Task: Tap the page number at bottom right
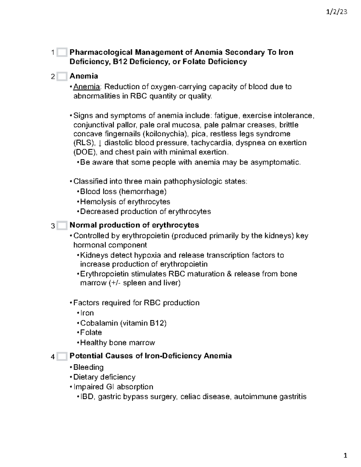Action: tap(345, 456)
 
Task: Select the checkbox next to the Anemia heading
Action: tap(62, 76)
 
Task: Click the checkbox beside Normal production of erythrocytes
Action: tap(62, 225)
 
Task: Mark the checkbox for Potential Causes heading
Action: tap(62, 356)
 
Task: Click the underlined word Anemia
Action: tap(86, 87)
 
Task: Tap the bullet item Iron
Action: tap(87, 313)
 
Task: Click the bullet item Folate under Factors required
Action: tap(91, 333)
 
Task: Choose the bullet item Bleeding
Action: tap(88, 367)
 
